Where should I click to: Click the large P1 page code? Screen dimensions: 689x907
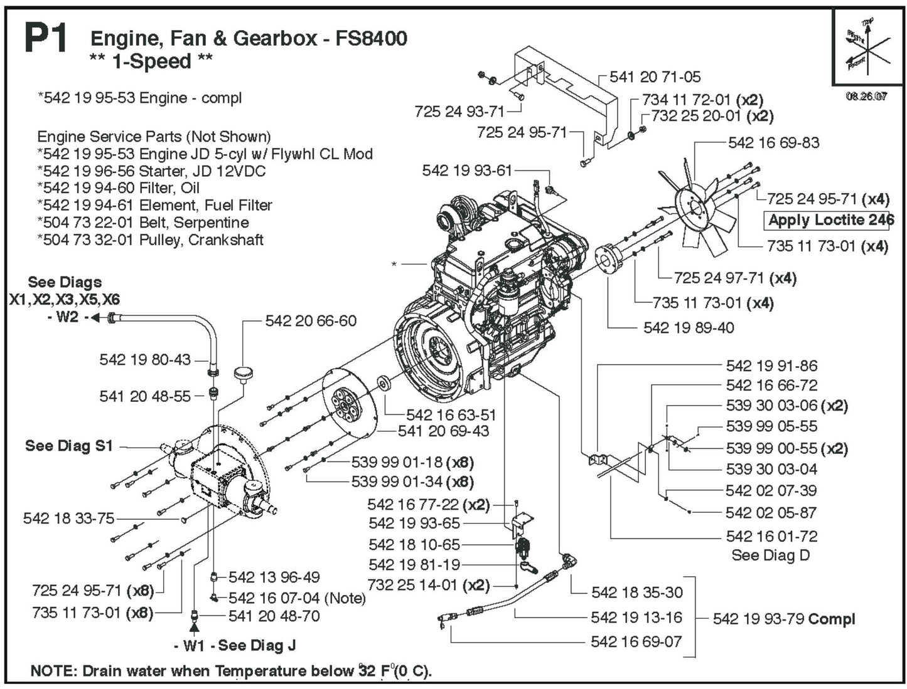45,39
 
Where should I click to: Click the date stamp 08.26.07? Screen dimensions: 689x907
866,97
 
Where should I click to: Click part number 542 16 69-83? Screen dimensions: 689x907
773,143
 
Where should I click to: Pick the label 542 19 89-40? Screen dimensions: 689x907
688,327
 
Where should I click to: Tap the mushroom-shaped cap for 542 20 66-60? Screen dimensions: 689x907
242,373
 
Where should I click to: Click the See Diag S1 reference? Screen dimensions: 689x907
69,446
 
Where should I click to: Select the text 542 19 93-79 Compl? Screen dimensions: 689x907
783,619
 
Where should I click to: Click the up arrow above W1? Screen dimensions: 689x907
194,627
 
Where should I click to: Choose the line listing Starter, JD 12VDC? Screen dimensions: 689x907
151,171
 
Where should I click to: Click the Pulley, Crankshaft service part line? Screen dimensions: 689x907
150,239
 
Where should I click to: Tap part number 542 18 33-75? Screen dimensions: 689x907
69,518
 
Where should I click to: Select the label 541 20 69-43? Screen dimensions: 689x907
443,431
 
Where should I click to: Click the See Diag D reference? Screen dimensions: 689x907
770,555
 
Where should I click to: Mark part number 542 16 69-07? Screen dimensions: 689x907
636,641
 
